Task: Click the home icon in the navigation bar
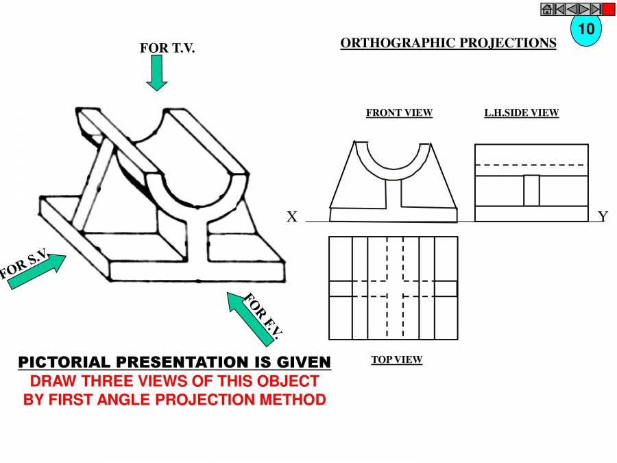[547, 9]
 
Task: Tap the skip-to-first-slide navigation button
[559, 9]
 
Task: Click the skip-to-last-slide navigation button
[596, 9]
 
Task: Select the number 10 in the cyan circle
[585, 29]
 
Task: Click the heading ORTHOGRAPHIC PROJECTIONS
[448, 43]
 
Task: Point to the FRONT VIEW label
[399, 113]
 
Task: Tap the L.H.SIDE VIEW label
[521, 113]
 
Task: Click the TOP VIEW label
[396, 359]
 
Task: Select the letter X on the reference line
[292, 217]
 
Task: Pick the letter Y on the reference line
[603, 217]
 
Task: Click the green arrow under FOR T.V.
[157, 73]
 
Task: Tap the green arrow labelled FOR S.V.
[38, 270]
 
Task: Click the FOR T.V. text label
[167, 48]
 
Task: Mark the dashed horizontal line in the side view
[531, 165]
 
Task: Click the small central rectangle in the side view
[532, 191]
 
